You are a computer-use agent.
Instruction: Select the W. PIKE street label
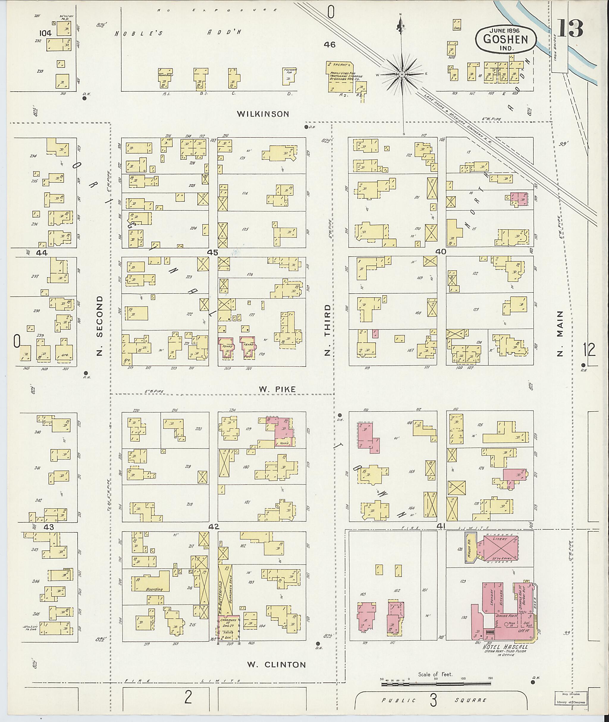coord(277,389)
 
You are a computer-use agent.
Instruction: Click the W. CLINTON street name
coord(277,665)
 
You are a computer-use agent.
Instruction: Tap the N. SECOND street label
coord(100,325)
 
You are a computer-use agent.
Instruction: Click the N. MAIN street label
coord(560,333)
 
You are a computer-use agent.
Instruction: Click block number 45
coord(213,253)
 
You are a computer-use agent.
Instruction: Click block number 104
coord(45,33)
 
